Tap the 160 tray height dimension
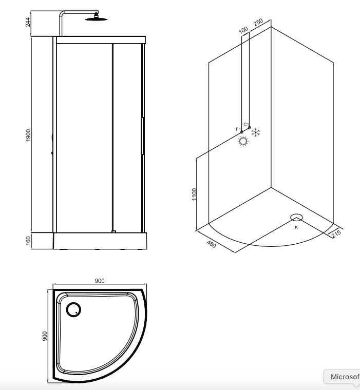coord(28,240)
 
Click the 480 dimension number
coord(211,244)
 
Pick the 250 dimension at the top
coord(258,23)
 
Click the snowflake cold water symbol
coord(256,132)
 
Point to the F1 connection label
coord(238,128)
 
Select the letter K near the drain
coord(296,227)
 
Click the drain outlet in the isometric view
coord(296,218)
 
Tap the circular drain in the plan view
coord(74,308)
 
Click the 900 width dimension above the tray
coord(100,281)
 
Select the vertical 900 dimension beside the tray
coord(45,336)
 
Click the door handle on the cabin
coord(142,136)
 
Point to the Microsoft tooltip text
coord(344,377)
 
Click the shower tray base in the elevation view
coord(100,240)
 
